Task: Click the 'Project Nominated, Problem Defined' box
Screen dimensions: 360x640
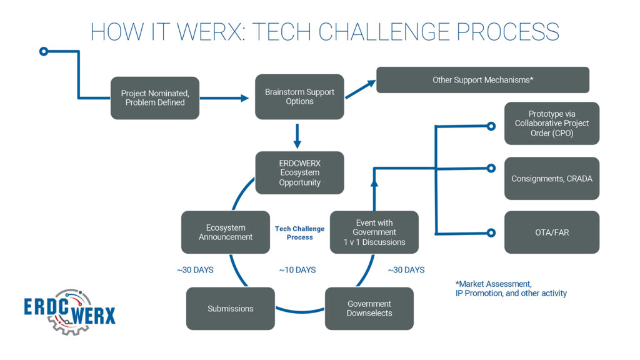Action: click(155, 97)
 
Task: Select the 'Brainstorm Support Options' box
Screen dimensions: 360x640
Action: click(299, 96)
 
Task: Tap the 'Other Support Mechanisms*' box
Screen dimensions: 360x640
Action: click(482, 80)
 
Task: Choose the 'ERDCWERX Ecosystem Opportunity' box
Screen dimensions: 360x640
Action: click(299, 172)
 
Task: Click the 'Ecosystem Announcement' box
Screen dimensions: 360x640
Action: click(226, 232)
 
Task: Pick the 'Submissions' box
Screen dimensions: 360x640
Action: click(231, 309)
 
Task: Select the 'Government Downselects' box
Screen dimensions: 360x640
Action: click(369, 309)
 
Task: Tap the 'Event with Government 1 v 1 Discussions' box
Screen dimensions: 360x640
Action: click(374, 232)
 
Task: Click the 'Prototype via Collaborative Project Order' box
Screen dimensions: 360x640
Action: click(551, 123)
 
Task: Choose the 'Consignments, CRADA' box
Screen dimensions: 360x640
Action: click(551, 179)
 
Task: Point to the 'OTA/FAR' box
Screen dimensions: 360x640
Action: click(551, 232)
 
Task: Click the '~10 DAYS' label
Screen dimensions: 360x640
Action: click(297, 270)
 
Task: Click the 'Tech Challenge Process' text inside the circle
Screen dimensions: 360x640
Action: click(299, 233)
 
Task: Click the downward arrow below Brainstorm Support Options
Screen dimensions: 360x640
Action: click(297, 134)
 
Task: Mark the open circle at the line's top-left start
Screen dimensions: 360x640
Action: click(43, 51)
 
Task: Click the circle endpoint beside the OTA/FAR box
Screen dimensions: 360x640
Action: click(491, 233)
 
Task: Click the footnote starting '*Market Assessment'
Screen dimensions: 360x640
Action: click(511, 288)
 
